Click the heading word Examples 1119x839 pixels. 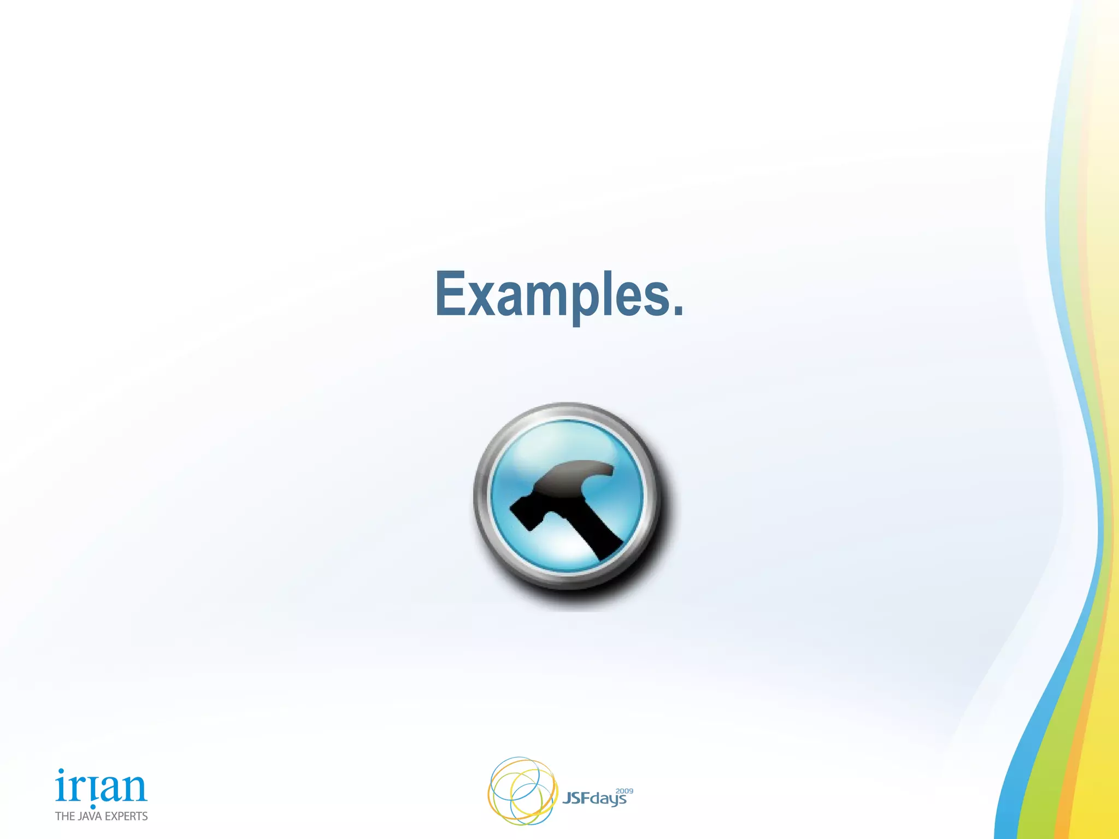click(558, 295)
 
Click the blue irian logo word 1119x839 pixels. click(101, 787)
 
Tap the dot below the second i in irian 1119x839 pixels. click(93, 807)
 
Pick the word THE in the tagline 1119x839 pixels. click(65, 816)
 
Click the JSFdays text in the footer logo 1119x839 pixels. click(594, 799)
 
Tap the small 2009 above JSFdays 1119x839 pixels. click(624, 791)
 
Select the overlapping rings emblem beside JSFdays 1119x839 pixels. click(522, 791)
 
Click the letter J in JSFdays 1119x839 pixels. click(567, 799)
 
